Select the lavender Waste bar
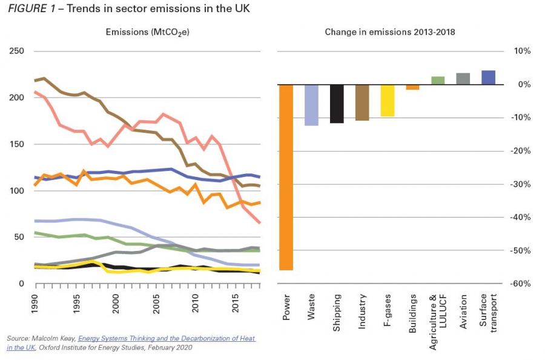[312, 105]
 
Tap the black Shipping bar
[337, 104]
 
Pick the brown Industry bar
[362, 102]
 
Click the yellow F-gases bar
[388, 100]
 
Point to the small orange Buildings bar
[412, 87]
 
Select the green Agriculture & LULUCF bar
[438, 81]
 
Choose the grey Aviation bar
[463, 79]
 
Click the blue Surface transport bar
[488, 78]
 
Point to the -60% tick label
[521, 284]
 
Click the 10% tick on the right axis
[523, 52]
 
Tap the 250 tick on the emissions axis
[16, 52]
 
